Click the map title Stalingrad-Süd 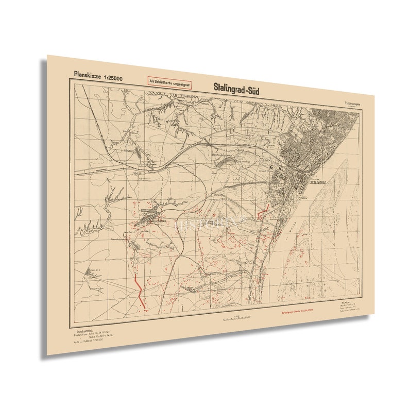coord(236,88)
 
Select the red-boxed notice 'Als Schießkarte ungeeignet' coord(169,81)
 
